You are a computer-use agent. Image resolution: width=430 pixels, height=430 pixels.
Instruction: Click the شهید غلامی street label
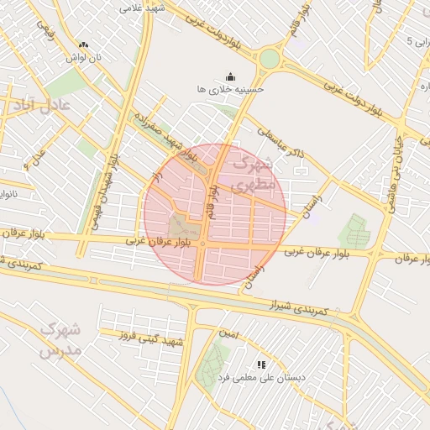click(x=140, y=7)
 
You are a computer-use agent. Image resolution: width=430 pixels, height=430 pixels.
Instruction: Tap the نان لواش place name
click(x=84, y=58)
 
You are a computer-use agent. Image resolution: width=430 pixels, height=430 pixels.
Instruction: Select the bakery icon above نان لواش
click(x=82, y=45)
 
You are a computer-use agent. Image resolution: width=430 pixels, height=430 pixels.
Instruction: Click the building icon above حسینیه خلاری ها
click(x=232, y=76)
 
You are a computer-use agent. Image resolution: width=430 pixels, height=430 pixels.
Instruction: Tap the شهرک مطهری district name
click(x=253, y=172)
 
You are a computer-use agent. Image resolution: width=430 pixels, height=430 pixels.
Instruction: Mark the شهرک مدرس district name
click(x=59, y=338)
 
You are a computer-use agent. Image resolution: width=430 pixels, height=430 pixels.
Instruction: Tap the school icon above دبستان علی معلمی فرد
click(x=261, y=365)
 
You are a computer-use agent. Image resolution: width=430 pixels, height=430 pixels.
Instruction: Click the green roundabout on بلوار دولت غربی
click(x=269, y=59)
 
